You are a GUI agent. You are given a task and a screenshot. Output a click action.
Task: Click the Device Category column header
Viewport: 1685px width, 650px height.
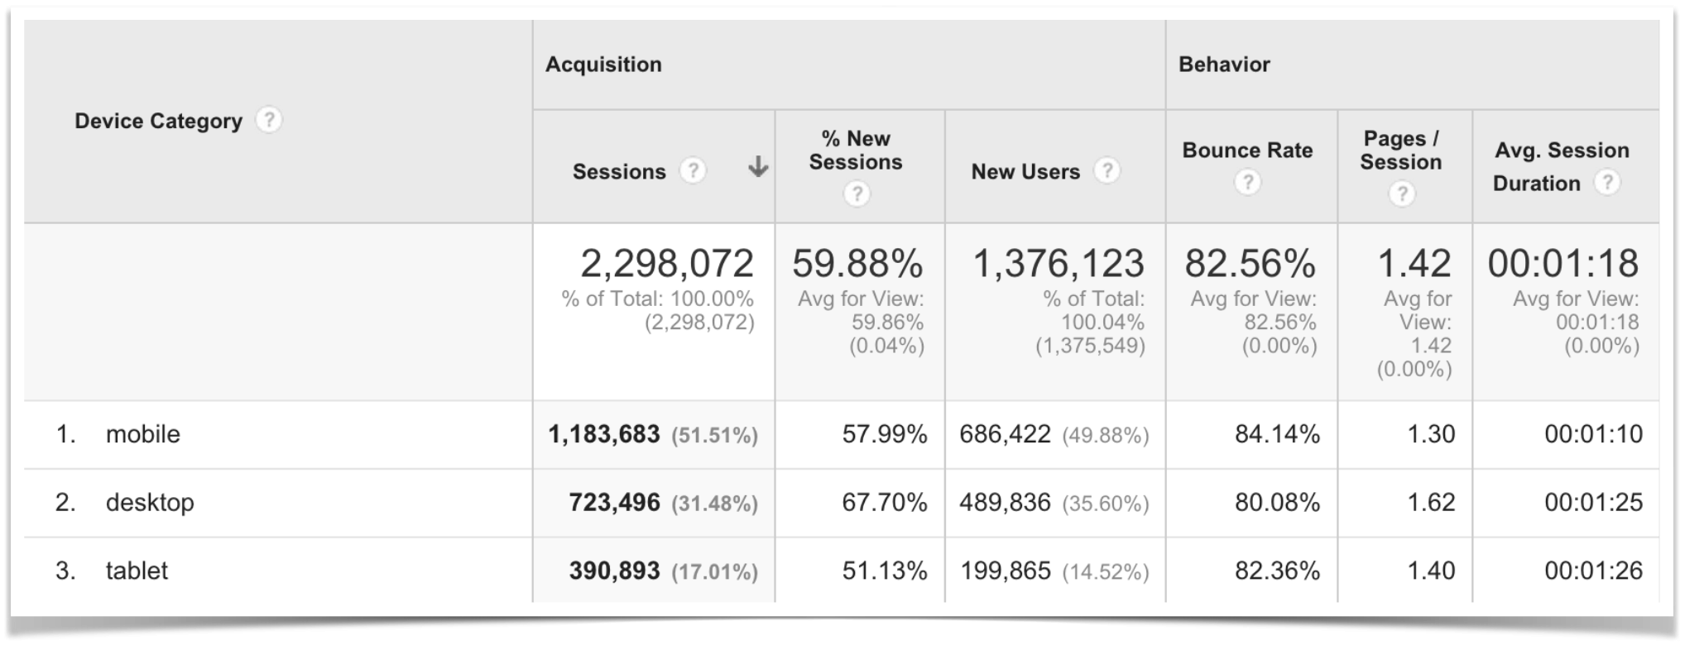[x=158, y=122]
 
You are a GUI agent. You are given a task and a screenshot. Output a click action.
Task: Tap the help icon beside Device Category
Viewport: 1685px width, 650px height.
[x=269, y=120]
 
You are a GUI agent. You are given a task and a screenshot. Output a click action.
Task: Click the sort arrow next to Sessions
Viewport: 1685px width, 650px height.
[x=757, y=168]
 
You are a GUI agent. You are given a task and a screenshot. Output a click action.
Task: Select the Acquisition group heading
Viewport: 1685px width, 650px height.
[x=603, y=65]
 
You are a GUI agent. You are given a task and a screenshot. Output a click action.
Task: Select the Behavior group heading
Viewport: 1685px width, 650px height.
[x=1224, y=65]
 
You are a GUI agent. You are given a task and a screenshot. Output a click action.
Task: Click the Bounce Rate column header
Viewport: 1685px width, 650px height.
[x=1247, y=151]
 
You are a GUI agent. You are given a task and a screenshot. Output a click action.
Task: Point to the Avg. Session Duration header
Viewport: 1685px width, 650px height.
[x=1561, y=166]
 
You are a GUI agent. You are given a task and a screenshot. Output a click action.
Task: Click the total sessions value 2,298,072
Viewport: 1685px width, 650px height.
[x=667, y=264]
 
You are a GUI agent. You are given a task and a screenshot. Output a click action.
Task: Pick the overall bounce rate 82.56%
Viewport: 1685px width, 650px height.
[x=1250, y=264]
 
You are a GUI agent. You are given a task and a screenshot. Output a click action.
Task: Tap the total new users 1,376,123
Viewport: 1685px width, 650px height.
[x=1059, y=264]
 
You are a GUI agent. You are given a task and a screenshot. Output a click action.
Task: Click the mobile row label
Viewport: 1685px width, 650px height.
[x=142, y=434]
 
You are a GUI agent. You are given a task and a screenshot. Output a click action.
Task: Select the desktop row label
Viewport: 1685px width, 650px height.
[x=150, y=503]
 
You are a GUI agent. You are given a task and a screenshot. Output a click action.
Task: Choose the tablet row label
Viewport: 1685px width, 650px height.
[x=137, y=571]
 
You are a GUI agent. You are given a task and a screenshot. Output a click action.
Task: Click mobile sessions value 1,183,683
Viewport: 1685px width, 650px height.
[x=604, y=434]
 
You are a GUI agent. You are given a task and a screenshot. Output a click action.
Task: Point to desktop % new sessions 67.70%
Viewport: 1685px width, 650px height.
[x=884, y=503]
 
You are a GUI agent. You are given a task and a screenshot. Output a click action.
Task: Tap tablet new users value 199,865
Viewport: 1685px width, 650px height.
[x=1006, y=571]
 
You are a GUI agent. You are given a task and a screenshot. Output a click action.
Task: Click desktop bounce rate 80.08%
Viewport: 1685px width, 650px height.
[x=1277, y=503]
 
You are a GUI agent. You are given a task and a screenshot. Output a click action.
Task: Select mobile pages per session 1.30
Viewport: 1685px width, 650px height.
[x=1431, y=434]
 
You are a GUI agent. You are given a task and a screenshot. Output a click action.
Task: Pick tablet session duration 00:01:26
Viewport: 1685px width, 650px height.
[x=1593, y=571]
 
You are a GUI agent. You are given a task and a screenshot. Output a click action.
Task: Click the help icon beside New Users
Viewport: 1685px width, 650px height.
[x=1107, y=170]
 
